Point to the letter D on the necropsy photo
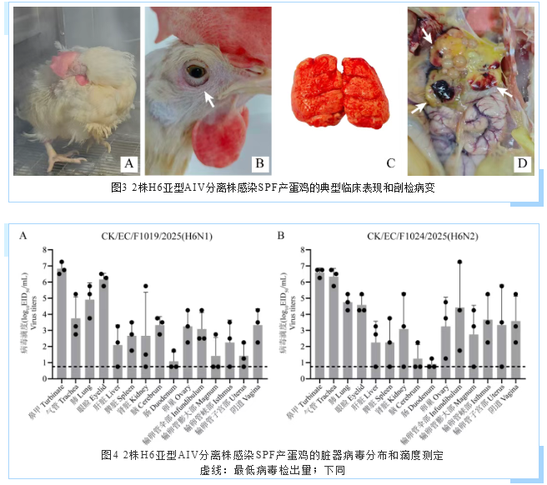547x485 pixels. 521,162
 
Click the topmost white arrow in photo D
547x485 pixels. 426,34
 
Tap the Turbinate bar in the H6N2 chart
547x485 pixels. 319,318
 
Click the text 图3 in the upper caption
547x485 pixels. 119,187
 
